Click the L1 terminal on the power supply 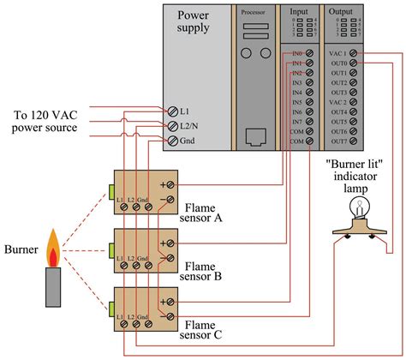tap(173, 111)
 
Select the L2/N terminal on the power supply tap(173, 124)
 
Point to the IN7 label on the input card tap(296, 121)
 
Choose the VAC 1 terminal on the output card tap(355, 54)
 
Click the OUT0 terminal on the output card tap(355, 63)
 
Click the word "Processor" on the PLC tap(253, 13)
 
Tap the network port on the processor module tap(253, 135)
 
